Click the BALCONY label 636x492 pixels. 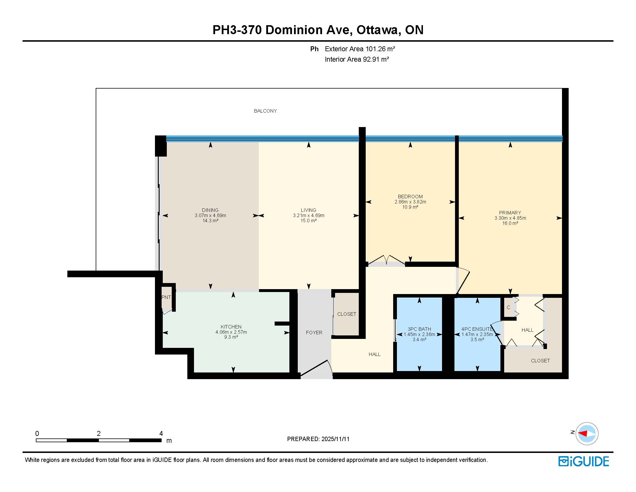click(x=265, y=111)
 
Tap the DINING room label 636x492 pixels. click(x=210, y=210)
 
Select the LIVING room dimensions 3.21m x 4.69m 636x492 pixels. click(x=308, y=215)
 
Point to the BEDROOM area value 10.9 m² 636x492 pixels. click(x=410, y=207)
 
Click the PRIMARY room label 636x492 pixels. click(x=510, y=213)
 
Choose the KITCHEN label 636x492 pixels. click(x=231, y=327)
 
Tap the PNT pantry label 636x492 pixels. click(x=166, y=297)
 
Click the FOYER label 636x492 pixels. click(x=314, y=333)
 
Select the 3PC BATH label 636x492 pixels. click(x=419, y=329)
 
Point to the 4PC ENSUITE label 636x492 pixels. click(x=477, y=329)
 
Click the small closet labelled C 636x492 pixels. click(x=508, y=307)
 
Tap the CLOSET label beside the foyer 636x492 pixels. click(x=347, y=314)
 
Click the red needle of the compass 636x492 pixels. click(x=583, y=434)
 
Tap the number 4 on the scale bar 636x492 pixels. click(x=161, y=434)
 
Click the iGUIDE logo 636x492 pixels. click(x=584, y=461)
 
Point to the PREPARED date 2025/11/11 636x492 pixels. click(x=335, y=439)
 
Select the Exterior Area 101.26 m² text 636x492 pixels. click(x=360, y=49)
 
